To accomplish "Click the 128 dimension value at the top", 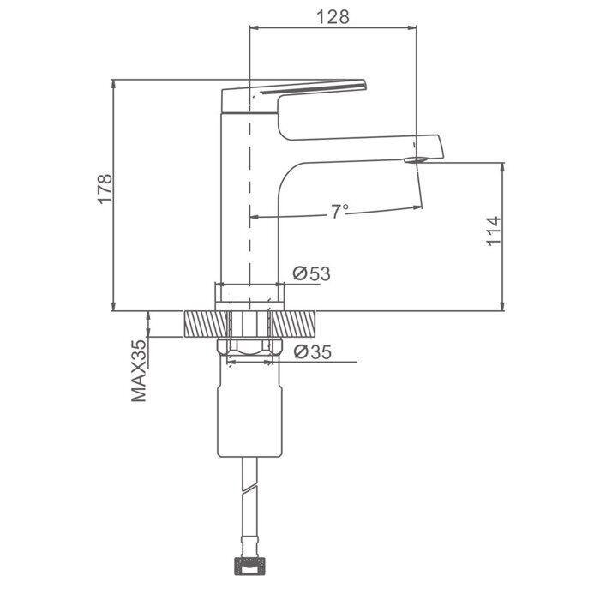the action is coord(333,17).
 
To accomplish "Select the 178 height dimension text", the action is coord(105,189).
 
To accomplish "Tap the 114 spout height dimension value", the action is coord(493,231).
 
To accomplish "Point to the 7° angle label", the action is coord(339,211).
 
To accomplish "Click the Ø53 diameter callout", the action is coord(311,273).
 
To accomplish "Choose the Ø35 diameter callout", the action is coord(313,352).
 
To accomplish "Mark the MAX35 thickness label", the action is coord(139,370).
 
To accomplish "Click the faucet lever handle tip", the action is coord(363,85).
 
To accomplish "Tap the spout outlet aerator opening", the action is coord(416,159).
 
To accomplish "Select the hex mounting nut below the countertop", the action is coord(249,346).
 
